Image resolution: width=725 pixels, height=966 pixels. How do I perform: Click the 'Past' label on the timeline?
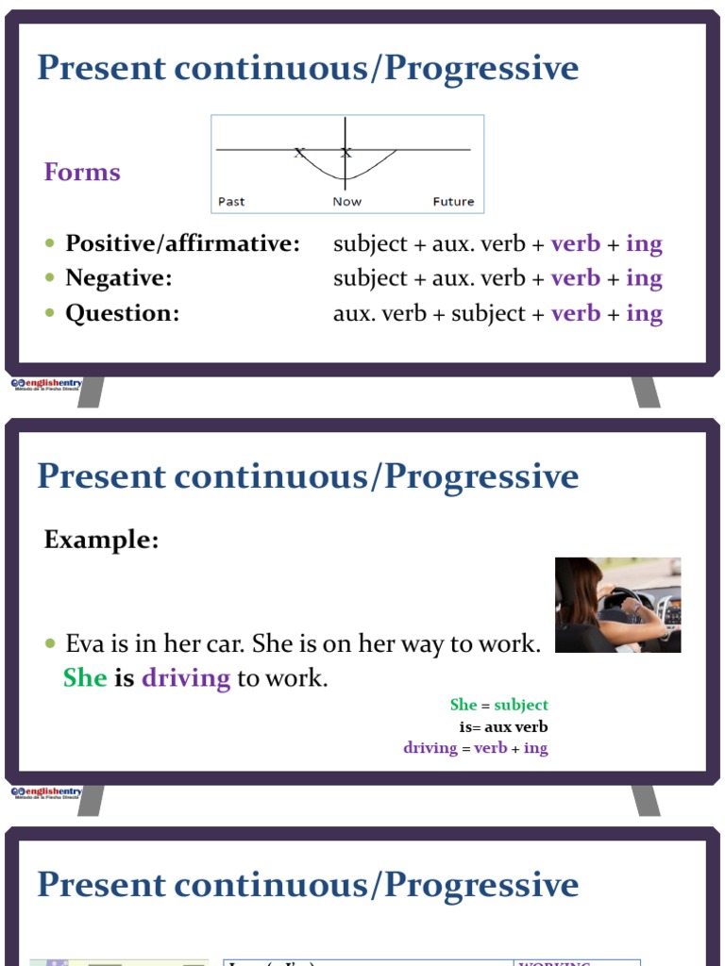231,202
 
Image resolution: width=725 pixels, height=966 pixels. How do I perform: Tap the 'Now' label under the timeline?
346,202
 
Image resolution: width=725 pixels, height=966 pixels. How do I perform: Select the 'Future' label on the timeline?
453,202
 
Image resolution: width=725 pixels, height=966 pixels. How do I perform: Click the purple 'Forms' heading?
82,172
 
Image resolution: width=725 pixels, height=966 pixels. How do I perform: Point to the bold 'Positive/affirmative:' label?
182,243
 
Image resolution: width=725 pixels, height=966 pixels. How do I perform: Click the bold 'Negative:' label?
119,278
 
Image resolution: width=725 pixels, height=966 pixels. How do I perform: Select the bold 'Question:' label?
122,313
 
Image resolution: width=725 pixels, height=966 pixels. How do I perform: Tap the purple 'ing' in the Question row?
644,313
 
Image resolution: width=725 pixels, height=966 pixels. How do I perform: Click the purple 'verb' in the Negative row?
576,278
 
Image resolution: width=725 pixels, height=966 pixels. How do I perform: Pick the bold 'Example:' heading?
101,540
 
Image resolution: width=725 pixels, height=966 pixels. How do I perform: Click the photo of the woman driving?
617,605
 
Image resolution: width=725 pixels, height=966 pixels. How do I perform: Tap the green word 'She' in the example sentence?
84,677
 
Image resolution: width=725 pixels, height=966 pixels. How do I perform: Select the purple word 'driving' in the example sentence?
186,677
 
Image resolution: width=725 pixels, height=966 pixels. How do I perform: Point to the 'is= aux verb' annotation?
503,726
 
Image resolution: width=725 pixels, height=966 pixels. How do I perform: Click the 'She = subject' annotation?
498,705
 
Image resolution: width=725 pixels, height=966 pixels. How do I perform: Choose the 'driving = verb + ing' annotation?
475,748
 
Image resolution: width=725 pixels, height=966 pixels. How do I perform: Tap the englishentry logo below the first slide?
47,385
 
